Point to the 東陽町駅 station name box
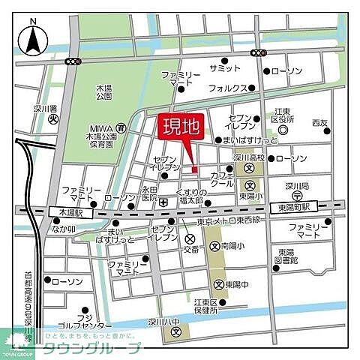point(294,205)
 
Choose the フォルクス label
point(228,88)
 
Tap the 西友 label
point(320,121)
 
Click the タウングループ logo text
point(93,348)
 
